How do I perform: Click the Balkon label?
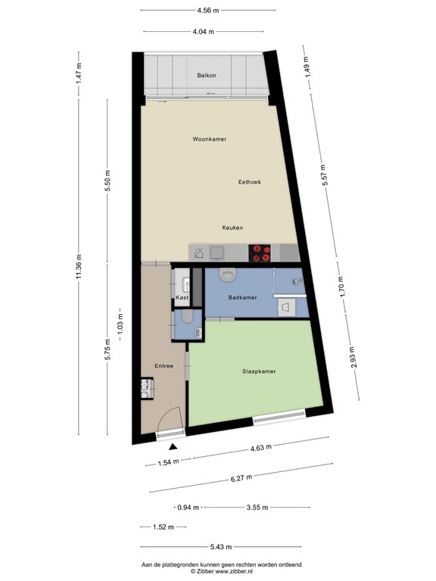[207, 75]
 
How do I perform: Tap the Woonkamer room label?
[210, 139]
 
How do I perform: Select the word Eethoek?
[250, 182]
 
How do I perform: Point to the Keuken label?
[232, 228]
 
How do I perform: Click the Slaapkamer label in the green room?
[259, 371]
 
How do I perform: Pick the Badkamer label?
[242, 297]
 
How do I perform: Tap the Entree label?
[163, 365]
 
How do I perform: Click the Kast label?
[182, 297]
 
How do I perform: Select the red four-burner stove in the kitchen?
[260, 253]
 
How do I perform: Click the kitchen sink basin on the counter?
[216, 253]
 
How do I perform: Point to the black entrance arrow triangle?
[173, 447]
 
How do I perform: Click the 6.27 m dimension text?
[241, 478]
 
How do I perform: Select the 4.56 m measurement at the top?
[208, 11]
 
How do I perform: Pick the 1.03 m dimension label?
[120, 325]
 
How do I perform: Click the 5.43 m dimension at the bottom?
[221, 546]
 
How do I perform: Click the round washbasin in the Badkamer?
[227, 275]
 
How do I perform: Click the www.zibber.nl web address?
[235, 571]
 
